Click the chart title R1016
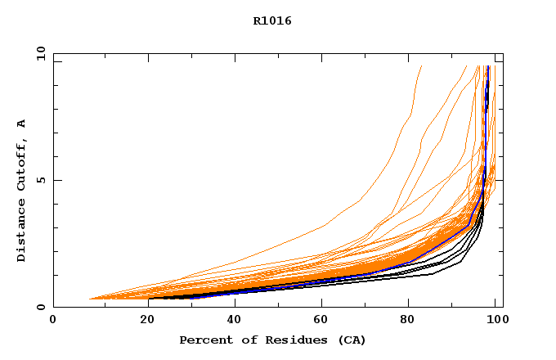pyautogui.click(x=272, y=20)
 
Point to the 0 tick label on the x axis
pyautogui.click(x=53, y=322)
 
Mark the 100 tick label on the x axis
pyautogui.click(x=497, y=322)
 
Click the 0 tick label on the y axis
pyautogui.click(x=40, y=308)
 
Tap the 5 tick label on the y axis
pyautogui.click(x=40, y=180)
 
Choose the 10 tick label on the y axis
pyautogui.click(x=40, y=53)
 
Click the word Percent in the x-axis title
pyautogui.click(x=204, y=340)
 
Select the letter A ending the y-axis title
pyautogui.click(x=21, y=124)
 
